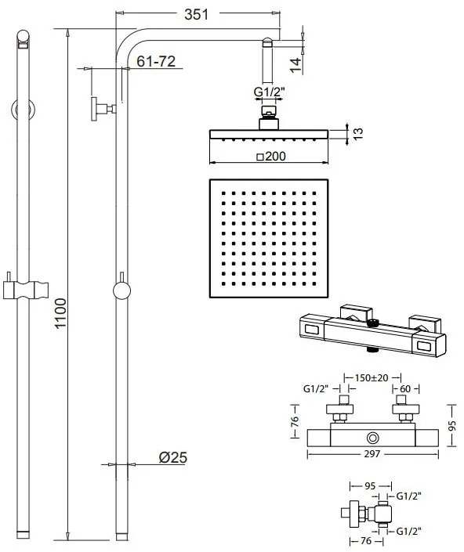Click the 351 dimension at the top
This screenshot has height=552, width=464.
(196, 13)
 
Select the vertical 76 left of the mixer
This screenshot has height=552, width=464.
(295, 422)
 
